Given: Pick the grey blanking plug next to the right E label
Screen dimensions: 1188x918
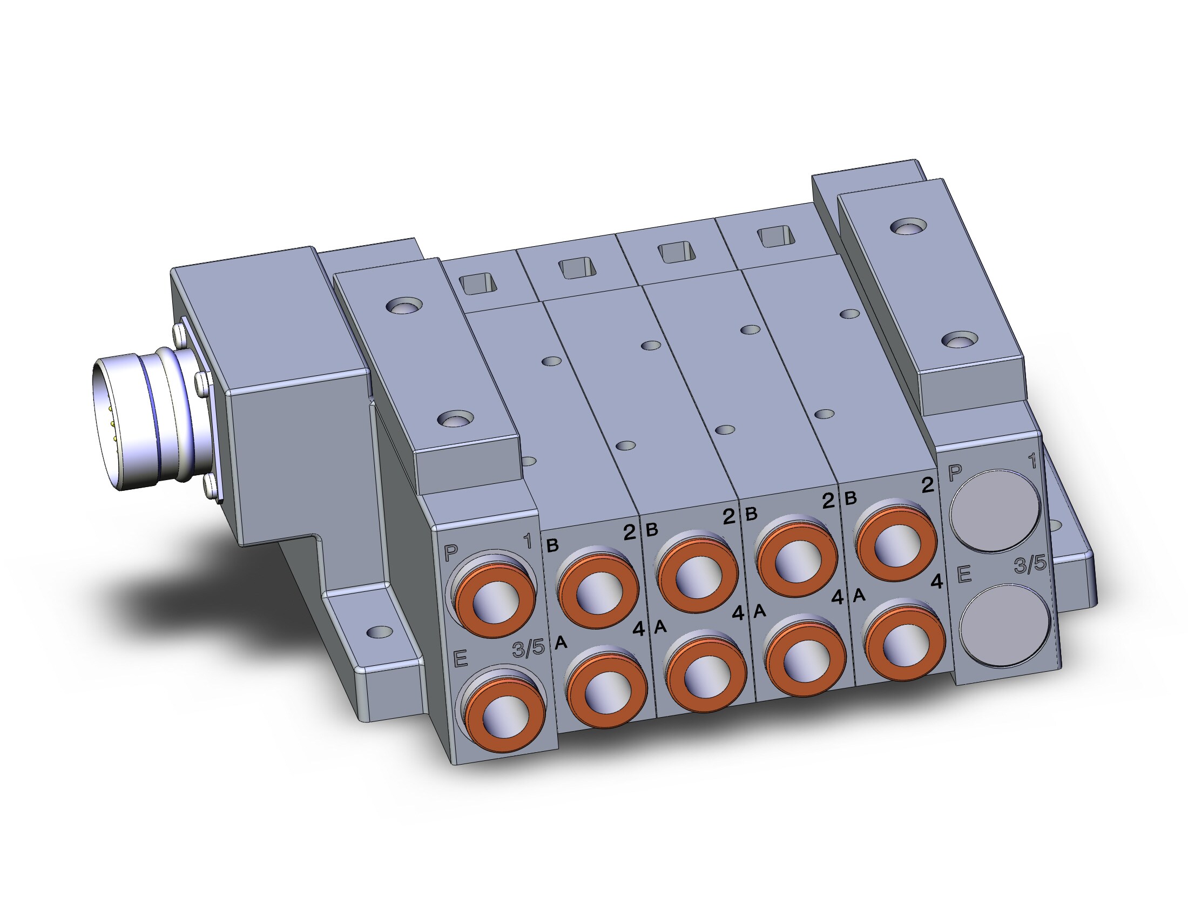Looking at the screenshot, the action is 1004,625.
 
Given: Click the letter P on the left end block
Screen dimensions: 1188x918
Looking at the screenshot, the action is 451,553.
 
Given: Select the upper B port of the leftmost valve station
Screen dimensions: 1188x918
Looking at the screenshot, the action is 598,588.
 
